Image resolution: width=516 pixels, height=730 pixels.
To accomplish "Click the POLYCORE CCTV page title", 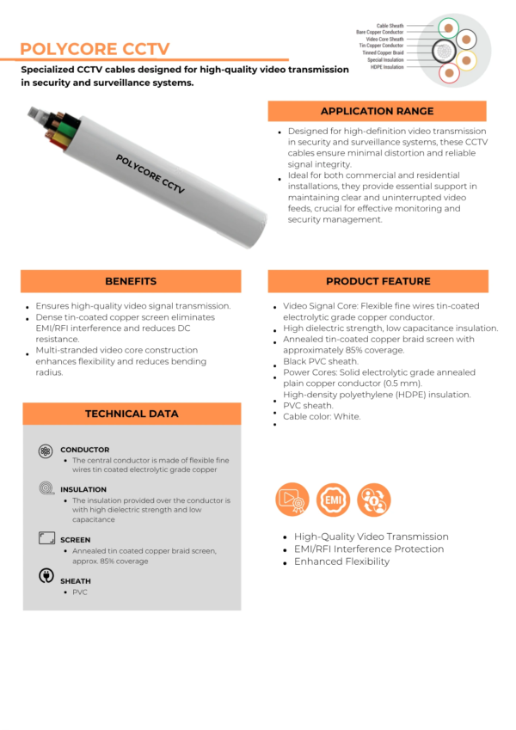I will point(95,48).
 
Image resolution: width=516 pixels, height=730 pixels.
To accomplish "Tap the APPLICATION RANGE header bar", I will point(377,111).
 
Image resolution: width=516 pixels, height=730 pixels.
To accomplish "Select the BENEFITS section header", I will point(131,281).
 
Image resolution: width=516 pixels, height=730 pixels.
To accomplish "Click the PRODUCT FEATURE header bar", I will point(378,281).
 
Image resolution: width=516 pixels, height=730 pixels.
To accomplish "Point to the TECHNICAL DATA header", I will point(131,414).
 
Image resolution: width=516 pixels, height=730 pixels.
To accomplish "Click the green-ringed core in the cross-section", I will point(447,28).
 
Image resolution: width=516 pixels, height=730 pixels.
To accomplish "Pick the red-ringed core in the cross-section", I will point(448,73).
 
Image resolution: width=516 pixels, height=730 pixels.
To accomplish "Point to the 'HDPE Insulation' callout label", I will point(387,67).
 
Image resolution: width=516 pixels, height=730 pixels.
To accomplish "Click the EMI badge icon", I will point(332,499).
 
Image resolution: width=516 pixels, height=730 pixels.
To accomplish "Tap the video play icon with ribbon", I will point(292,500).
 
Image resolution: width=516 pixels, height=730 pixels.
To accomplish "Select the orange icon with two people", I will point(372,499).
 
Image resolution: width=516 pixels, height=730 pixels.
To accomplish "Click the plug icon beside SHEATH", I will point(46,576).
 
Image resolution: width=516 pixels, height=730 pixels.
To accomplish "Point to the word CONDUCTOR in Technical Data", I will point(84,450).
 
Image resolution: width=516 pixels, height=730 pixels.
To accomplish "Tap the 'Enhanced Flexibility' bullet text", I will point(341,561).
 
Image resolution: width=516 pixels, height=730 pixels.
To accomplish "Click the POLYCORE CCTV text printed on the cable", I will point(150,174).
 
